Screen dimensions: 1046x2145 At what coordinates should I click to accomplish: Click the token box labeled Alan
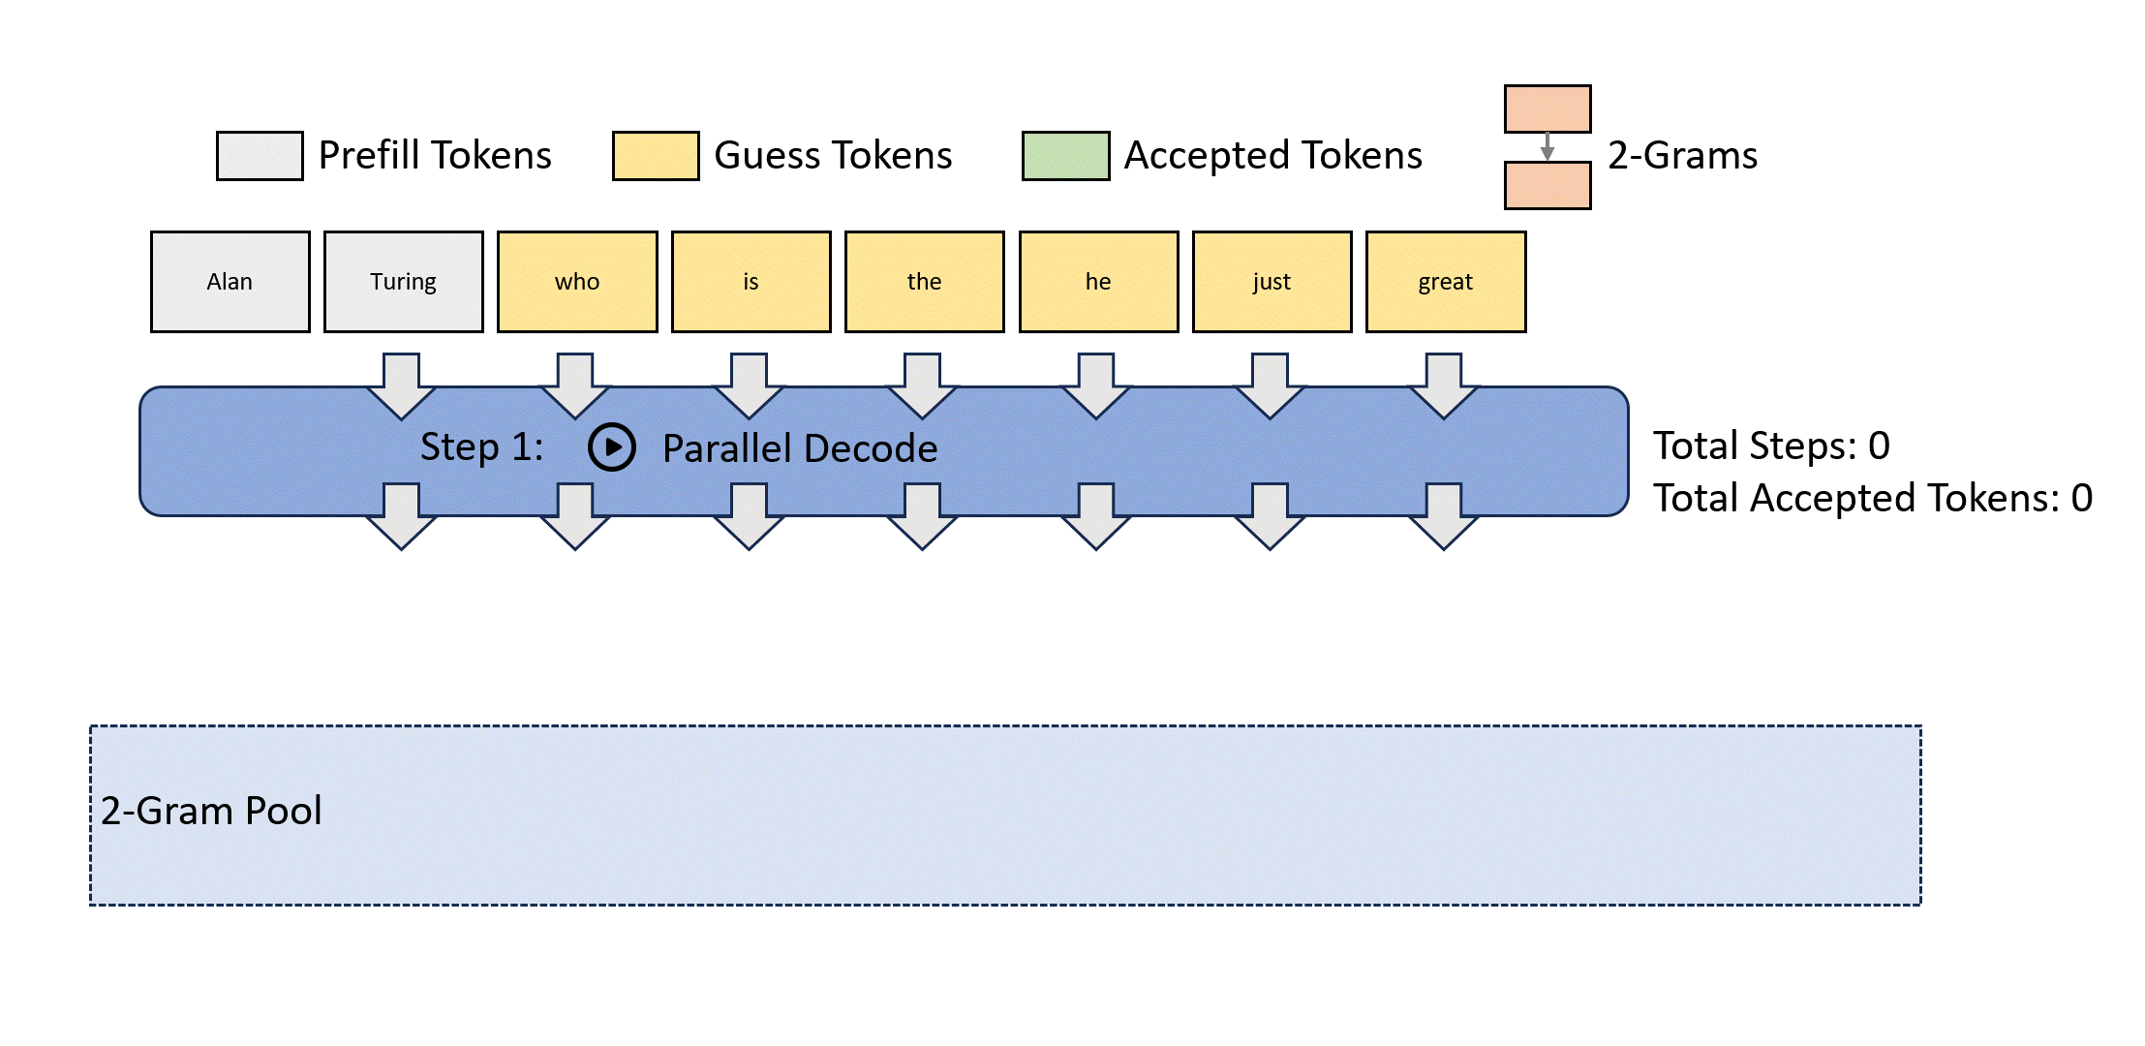(x=230, y=282)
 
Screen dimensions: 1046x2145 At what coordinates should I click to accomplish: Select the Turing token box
(x=404, y=282)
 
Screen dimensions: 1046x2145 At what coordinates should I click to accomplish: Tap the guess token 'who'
(x=577, y=282)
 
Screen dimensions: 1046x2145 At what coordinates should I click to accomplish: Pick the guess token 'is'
(x=751, y=282)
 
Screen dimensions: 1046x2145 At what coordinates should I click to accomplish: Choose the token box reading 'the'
(x=925, y=282)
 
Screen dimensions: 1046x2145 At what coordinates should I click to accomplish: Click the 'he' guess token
(x=1098, y=282)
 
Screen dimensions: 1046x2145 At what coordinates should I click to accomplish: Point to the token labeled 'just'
(x=1272, y=282)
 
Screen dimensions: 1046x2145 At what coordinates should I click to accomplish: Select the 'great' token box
(x=1446, y=282)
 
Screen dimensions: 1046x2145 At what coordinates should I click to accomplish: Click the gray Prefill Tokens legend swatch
(x=260, y=156)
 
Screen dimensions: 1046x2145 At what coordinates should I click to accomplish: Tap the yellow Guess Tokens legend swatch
(x=656, y=156)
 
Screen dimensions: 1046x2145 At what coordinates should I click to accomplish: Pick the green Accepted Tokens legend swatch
(x=1065, y=156)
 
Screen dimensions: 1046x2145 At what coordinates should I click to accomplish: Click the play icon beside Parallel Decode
(x=612, y=447)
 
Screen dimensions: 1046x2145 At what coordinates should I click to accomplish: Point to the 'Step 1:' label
(x=481, y=447)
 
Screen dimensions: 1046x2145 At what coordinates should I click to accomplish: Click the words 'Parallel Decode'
(x=800, y=448)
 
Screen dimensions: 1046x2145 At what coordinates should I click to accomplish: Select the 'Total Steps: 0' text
(x=1771, y=446)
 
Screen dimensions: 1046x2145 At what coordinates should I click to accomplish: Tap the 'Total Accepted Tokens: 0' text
(x=1872, y=498)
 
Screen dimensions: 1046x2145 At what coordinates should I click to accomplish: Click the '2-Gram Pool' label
(x=211, y=811)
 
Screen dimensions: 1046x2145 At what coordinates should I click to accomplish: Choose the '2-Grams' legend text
(x=1682, y=155)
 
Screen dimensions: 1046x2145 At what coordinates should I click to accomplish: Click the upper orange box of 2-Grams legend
(x=1547, y=108)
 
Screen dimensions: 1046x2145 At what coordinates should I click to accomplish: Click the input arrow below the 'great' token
(x=1444, y=385)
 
